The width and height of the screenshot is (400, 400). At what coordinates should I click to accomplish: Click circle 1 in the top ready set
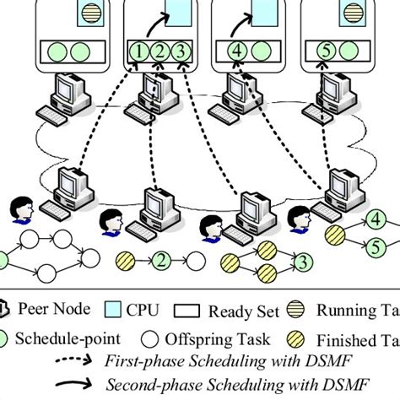click(x=138, y=50)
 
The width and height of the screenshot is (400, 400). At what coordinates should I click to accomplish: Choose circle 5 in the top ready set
click(x=326, y=50)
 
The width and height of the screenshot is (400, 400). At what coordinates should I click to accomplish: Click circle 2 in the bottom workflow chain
click(x=161, y=259)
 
